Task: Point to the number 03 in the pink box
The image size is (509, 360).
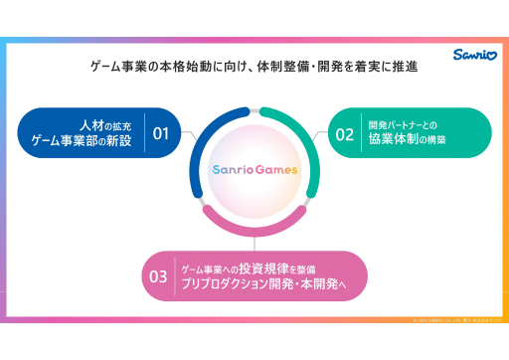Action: click(x=159, y=275)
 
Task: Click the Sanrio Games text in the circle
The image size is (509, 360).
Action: click(x=254, y=169)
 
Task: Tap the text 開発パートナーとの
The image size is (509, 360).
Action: click(x=403, y=125)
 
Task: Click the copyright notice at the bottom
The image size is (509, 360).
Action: click(x=452, y=319)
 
